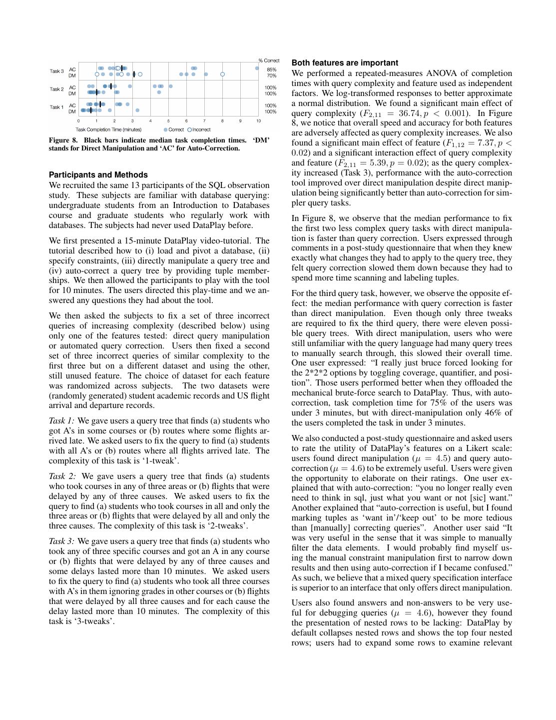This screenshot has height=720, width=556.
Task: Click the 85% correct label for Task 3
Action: (271, 69)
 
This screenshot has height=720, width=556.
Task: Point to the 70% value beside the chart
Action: (271, 75)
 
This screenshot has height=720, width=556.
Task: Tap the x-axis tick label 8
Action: (222, 121)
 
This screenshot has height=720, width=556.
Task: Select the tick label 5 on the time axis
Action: (168, 121)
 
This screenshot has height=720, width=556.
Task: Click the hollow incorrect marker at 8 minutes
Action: (222, 74)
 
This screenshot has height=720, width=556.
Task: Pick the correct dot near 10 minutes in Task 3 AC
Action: (257, 68)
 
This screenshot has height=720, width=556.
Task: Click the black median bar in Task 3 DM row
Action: (134, 74)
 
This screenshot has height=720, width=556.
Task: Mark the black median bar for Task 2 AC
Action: (111, 86)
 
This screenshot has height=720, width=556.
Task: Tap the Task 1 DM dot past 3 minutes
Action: (137, 110)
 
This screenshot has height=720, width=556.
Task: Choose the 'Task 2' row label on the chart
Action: (56, 89)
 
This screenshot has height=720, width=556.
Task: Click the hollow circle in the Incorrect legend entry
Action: (189, 129)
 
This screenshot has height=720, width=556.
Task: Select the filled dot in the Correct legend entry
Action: (165, 129)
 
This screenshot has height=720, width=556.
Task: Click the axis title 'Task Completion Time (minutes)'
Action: (108, 129)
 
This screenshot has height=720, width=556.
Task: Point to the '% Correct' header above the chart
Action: (269, 60)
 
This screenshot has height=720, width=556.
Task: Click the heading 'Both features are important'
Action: (345, 63)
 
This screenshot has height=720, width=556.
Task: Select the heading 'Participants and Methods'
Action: (98, 175)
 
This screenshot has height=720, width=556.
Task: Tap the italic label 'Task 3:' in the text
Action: (61, 541)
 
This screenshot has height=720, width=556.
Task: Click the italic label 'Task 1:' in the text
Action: (61, 420)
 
